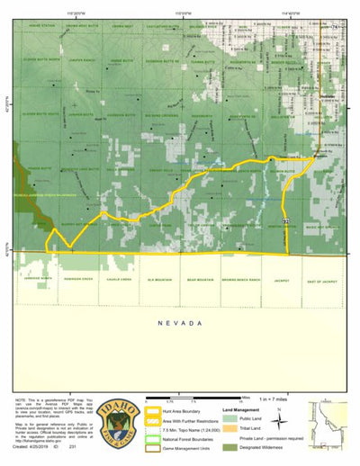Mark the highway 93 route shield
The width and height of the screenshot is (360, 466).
click(286, 220)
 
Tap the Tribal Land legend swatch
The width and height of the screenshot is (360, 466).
click(232, 428)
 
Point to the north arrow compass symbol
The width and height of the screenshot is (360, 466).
click(283, 417)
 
